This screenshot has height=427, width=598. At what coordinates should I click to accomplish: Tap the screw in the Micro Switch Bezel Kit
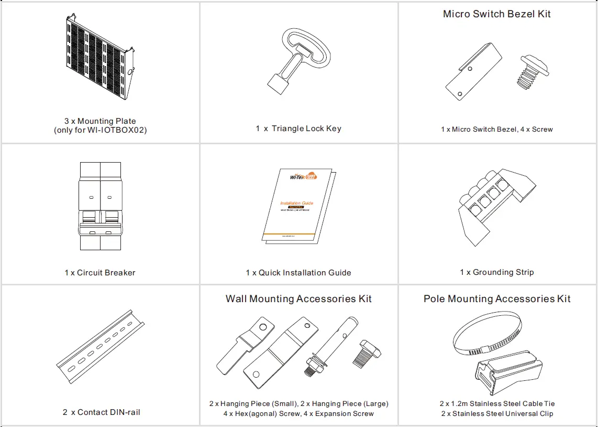pyautogui.click(x=530, y=72)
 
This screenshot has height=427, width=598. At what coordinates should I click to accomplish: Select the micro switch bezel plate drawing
pyautogui.click(x=473, y=72)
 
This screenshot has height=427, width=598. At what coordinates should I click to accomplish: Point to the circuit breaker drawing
pyautogui.click(x=100, y=206)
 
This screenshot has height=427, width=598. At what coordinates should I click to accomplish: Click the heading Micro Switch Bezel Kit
pyautogui.click(x=496, y=14)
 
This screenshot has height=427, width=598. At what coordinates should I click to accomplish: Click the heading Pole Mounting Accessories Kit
pyautogui.click(x=497, y=298)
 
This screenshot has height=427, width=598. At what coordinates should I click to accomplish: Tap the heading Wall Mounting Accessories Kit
pyautogui.click(x=298, y=298)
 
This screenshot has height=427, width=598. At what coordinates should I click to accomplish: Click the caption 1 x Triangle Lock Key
pyautogui.click(x=298, y=129)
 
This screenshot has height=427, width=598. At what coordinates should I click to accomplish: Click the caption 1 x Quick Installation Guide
pyautogui.click(x=298, y=272)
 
